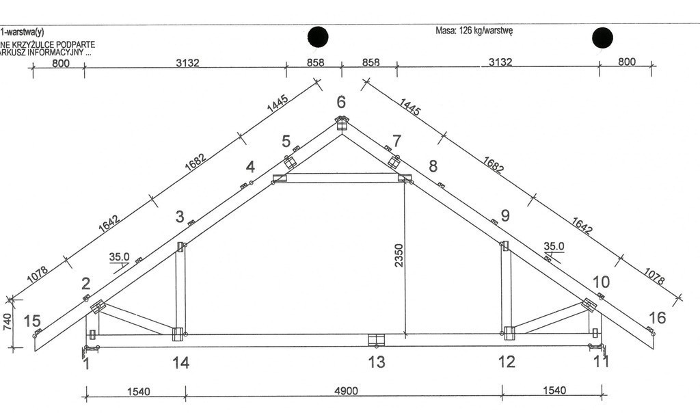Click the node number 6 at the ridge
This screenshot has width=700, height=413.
(x=341, y=103)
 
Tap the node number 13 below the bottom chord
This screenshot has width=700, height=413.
(x=377, y=362)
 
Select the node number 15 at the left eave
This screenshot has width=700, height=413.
(x=31, y=321)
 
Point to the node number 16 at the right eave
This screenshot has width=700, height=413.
(x=657, y=318)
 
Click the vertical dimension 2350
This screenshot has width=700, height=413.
(x=399, y=256)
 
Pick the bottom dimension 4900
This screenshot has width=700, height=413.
(x=346, y=391)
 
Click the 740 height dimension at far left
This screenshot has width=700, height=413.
(x=7, y=322)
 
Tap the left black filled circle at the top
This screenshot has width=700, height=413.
(x=318, y=37)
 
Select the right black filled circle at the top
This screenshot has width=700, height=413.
(x=602, y=38)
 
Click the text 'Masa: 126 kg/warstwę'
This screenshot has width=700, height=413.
(x=474, y=31)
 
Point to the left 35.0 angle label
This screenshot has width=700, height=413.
(x=119, y=257)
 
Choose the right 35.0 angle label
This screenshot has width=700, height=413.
(x=554, y=246)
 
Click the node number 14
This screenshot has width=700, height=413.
(x=180, y=362)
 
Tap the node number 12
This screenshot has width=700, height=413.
(x=507, y=362)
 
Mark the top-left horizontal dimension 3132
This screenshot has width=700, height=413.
(x=187, y=62)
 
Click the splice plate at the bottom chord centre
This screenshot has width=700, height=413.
(x=377, y=340)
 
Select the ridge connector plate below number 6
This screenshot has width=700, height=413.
(x=342, y=123)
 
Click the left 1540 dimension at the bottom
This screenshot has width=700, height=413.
(x=138, y=392)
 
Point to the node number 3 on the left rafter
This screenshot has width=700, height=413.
(x=180, y=217)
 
